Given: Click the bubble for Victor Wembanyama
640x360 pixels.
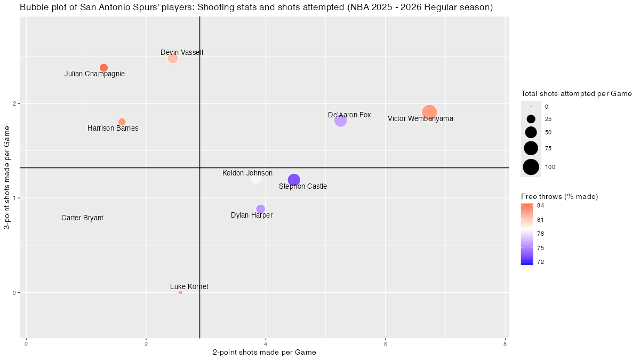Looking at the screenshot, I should click(429, 112).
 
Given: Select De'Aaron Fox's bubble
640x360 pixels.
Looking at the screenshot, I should click(340, 121).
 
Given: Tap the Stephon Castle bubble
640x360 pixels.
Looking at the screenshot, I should click(294, 180).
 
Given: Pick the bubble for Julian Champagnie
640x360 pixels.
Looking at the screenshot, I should click(103, 68).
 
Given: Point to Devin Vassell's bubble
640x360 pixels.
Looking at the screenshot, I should click(173, 58).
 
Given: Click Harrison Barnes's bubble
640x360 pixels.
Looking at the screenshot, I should click(122, 122).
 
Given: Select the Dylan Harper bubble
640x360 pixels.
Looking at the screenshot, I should click(260, 209).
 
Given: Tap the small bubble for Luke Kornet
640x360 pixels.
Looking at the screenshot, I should click(180, 292).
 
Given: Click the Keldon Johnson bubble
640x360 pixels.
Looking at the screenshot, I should click(257, 179).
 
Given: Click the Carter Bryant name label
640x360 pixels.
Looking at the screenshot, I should click(82, 218).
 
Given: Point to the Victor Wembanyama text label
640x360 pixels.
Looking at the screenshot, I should click(420, 119).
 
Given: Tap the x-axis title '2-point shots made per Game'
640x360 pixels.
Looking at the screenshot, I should click(264, 353).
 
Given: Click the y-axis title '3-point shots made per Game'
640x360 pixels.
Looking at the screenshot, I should click(7, 178).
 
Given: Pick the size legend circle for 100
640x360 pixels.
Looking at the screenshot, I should click(531, 167).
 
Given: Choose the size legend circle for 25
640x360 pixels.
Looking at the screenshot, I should click(531, 119).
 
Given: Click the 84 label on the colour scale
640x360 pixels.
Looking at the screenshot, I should click(540, 205).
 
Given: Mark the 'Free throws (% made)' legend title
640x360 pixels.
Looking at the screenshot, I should click(559, 197).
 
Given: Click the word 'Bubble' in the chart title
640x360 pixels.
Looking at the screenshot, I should click(34, 8).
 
